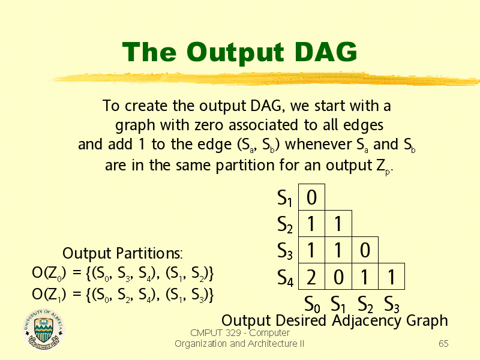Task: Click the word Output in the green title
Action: point(235,53)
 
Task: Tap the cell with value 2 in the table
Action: point(311,277)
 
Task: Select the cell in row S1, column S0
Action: point(311,197)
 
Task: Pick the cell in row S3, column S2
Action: point(365,250)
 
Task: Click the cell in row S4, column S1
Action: point(338,277)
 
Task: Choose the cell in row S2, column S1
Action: point(338,223)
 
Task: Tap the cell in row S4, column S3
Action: point(392,277)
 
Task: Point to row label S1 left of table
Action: point(284,198)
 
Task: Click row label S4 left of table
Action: point(285,278)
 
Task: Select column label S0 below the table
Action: point(312,304)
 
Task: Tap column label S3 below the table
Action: point(392,304)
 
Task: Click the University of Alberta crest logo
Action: point(43,329)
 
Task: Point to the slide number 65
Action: point(443,343)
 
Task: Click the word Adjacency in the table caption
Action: point(367,322)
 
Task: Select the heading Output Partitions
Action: point(122,253)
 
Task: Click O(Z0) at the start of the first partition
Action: point(49,274)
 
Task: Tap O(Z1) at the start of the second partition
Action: point(49,295)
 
